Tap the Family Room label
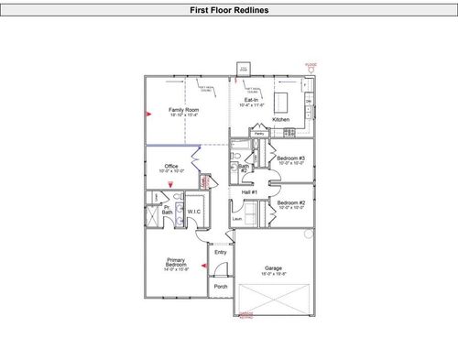[x=184, y=111]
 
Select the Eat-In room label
[x=251, y=102]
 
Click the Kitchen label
[x=280, y=119]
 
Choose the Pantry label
[x=259, y=134]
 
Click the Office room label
[x=171, y=168]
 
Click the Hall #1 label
[x=249, y=192]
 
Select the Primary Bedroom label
[x=176, y=265]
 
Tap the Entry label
[x=220, y=252]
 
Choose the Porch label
[x=220, y=286]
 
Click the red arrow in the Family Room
[x=148, y=115]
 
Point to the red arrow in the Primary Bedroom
[x=203, y=267]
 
